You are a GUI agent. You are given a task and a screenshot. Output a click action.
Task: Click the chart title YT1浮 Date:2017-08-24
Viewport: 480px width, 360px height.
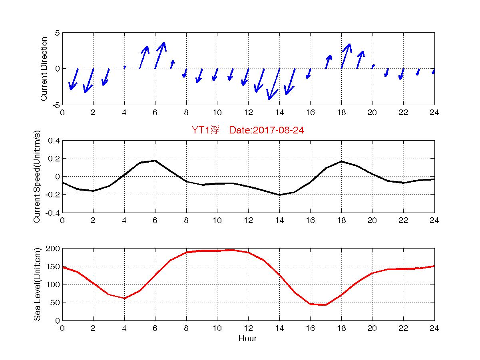(x=248, y=131)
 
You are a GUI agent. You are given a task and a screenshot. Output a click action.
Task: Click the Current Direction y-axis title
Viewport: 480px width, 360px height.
(x=44, y=69)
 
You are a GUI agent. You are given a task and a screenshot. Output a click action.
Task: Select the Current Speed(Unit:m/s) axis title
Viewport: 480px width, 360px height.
(x=37, y=177)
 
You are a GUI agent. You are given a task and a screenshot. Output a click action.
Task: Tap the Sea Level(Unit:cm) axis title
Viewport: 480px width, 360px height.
(x=37, y=284)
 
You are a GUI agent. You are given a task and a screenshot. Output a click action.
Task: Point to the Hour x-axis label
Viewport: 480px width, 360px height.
(x=247, y=339)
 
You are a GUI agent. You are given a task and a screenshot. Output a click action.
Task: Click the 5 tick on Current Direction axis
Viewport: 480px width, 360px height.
(x=58, y=33)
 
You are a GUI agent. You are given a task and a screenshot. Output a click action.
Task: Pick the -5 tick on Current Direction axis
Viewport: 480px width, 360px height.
(x=56, y=105)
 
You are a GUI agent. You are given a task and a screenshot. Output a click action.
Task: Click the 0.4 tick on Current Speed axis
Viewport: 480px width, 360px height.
(x=54, y=141)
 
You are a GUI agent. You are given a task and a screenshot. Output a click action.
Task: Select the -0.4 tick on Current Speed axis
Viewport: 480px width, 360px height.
(x=52, y=213)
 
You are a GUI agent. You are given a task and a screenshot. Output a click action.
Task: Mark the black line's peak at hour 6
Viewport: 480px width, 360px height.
(x=155, y=161)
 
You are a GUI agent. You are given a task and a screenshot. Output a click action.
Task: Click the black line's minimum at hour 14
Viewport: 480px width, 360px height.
(x=279, y=195)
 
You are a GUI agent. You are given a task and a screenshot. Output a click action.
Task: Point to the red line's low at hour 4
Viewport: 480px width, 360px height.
(x=124, y=298)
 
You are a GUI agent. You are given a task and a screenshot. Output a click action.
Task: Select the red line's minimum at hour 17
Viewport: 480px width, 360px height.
(x=326, y=305)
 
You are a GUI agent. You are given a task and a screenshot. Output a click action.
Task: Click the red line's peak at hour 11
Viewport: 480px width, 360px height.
(x=233, y=250)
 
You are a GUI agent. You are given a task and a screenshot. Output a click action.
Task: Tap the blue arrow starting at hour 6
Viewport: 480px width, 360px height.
(x=160, y=55)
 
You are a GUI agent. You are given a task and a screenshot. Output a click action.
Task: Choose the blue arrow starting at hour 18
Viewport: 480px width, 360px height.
(x=346, y=56)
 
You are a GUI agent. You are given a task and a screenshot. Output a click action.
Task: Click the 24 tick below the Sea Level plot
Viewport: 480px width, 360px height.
(x=434, y=328)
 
